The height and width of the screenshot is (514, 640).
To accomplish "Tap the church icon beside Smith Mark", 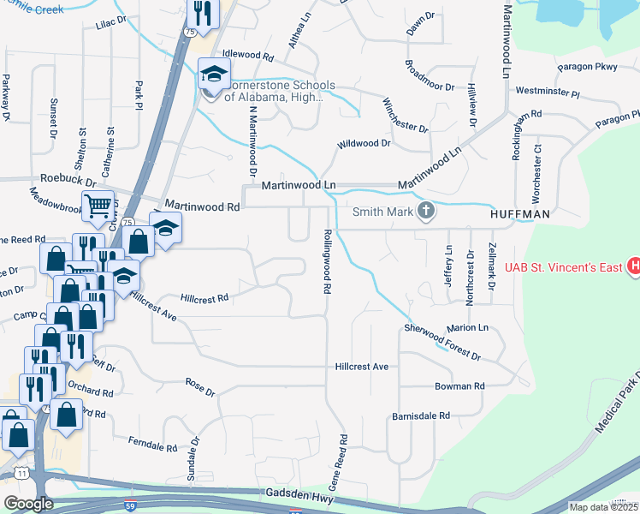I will click(425, 211).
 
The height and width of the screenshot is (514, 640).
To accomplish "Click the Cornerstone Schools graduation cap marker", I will click(211, 75).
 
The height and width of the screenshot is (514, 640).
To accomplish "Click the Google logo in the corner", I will click(29, 503).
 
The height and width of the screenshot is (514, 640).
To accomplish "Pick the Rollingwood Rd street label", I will click(327, 260).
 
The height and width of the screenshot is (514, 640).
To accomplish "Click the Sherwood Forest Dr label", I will click(442, 341).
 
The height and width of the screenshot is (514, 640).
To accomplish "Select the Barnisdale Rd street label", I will click(420, 415).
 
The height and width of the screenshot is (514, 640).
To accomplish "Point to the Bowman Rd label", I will click(459, 386).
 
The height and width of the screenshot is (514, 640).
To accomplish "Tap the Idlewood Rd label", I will click(246, 55).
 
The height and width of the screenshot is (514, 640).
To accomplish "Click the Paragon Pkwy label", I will click(587, 67).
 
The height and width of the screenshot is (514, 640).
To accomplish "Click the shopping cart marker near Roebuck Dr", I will click(98, 206).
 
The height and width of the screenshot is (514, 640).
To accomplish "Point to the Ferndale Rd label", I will click(151, 447).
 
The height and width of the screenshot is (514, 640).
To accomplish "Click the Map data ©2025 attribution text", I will click(603, 507).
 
